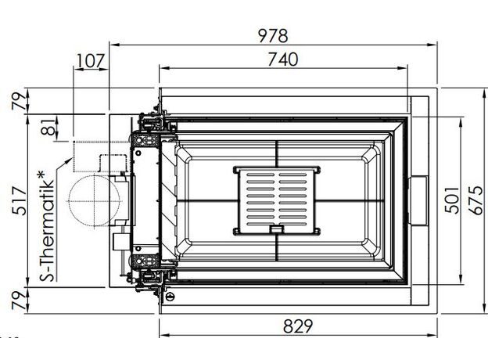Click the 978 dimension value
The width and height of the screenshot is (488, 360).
click(273, 36)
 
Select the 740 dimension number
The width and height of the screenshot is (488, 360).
click(283, 59)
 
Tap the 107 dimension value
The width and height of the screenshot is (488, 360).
click(90, 61)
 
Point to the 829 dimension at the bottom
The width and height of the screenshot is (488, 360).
click(298, 326)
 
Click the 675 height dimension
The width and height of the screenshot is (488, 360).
click(476, 200)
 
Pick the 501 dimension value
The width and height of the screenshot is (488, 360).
click(452, 200)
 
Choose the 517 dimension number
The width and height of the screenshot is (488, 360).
click(20, 201)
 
